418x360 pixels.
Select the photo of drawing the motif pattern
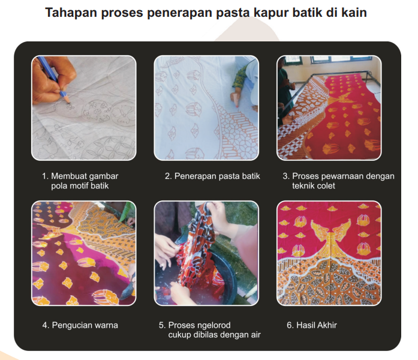pyautogui.click(x=84, y=108)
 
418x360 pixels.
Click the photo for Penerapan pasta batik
pyautogui.click(x=206, y=108)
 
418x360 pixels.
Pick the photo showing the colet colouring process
pyautogui.click(x=329, y=108)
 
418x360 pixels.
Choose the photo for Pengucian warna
pyautogui.click(x=84, y=253)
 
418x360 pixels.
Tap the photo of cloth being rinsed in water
pyautogui.click(x=206, y=253)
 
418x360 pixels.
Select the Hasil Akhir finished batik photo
pyautogui.click(x=329, y=253)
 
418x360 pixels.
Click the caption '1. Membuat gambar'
pyautogui.click(x=80, y=176)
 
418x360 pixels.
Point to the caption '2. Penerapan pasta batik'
pyautogui.click(x=212, y=176)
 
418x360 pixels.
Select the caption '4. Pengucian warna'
pyautogui.click(x=80, y=325)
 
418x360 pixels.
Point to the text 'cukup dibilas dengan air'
pyautogui.click(x=214, y=335)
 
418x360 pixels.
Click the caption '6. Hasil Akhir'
pyautogui.click(x=312, y=325)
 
